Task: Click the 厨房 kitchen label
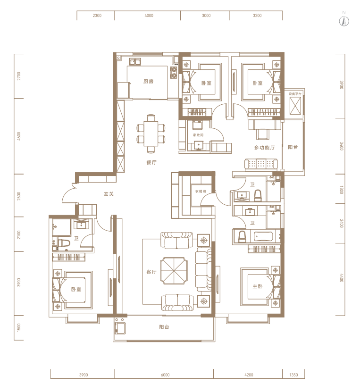coord(148,81)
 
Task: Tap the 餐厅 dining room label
coord(151,162)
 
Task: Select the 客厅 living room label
coord(151,272)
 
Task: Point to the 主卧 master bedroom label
coord(258,286)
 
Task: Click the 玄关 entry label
coord(109,194)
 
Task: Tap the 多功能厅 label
coord(265,148)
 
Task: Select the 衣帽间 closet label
coord(201,191)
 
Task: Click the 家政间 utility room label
coord(198,135)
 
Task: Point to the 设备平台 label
coord(295,94)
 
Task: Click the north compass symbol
coord(344,22)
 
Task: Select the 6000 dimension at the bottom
coord(165,375)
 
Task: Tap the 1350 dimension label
coord(293,375)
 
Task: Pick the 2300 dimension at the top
coord(97,16)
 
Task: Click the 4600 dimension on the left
coord(19,136)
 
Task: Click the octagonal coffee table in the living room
coord(174,271)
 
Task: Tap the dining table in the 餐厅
coord(151,133)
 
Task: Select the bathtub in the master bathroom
coord(265,237)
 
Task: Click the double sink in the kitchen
coord(135,61)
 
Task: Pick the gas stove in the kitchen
coord(174,72)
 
